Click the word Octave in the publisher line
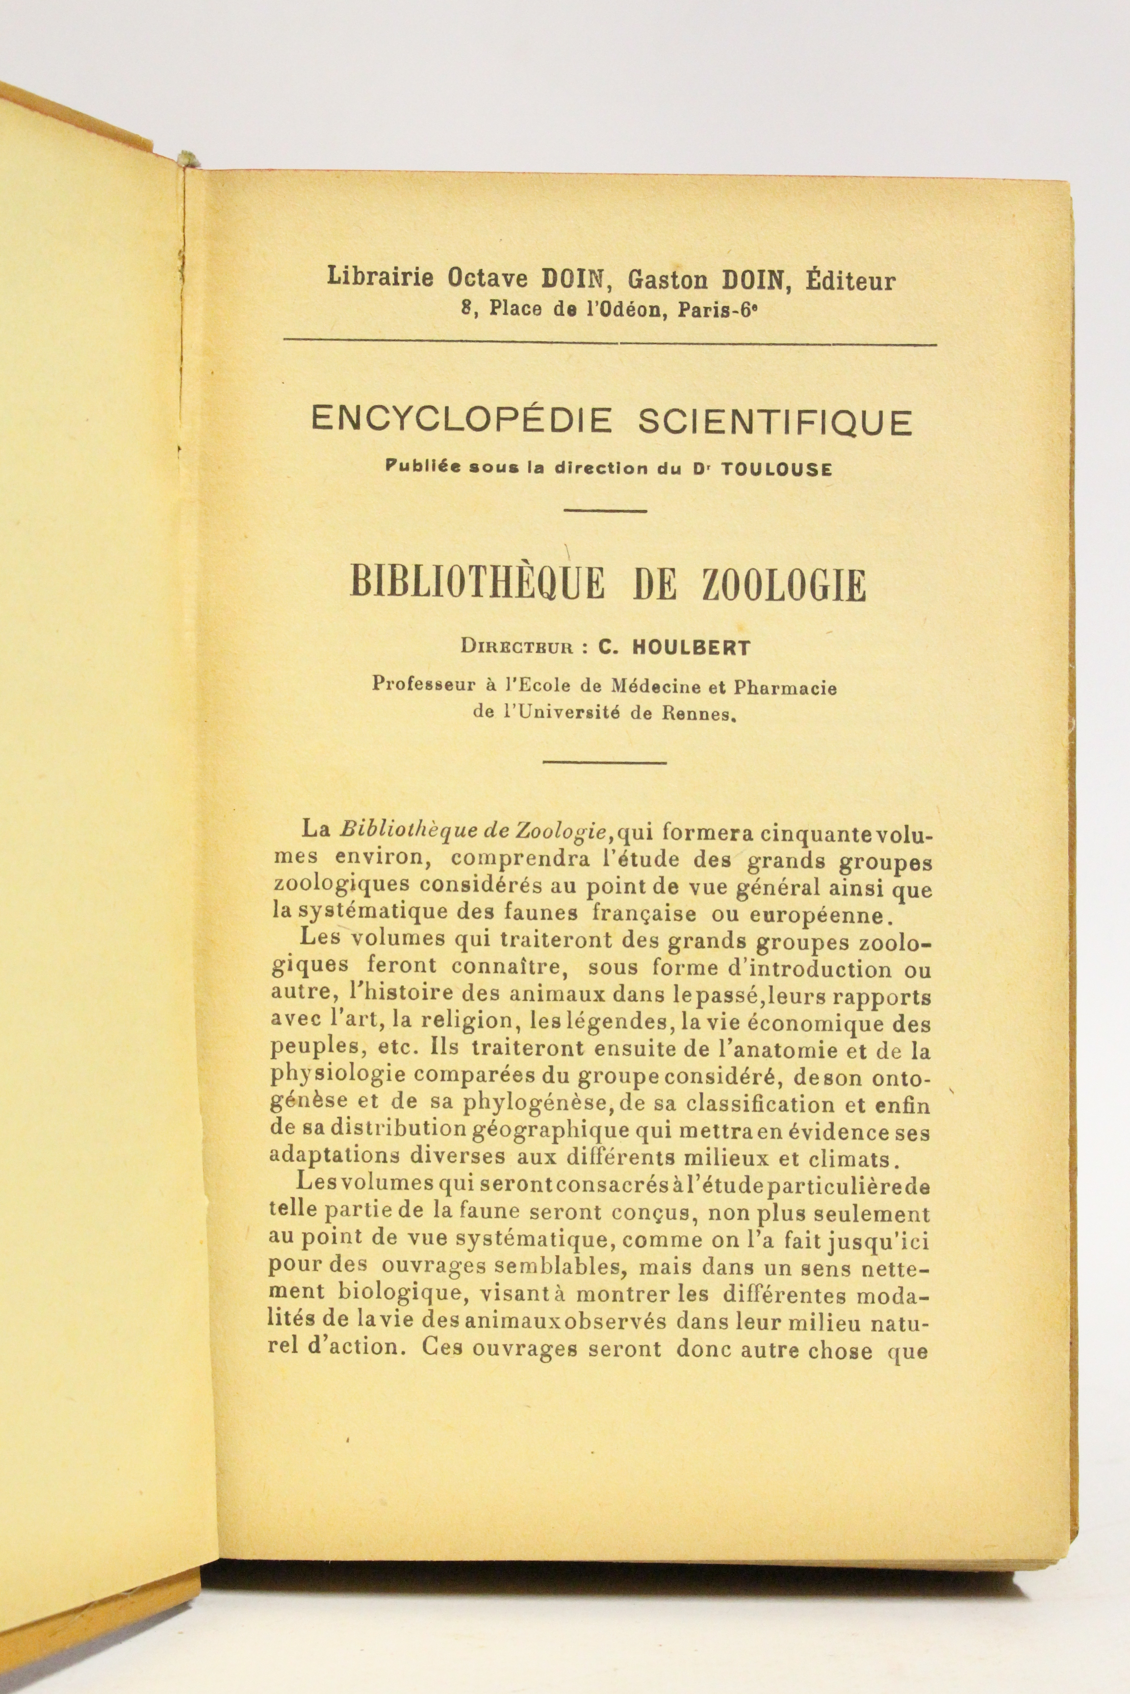(x=490, y=277)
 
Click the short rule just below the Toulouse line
(x=604, y=511)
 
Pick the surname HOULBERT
(x=691, y=647)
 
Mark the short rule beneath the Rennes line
(x=604, y=762)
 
